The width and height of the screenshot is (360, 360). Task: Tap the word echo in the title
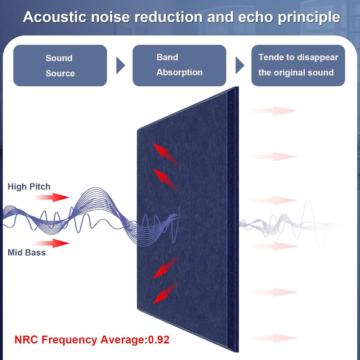(x=263, y=17)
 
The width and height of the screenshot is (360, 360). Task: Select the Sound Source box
(x=60, y=66)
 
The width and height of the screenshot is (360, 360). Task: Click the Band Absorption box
(x=179, y=66)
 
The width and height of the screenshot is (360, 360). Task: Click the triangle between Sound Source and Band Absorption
(x=121, y=66)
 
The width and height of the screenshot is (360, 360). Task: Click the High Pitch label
(x=29, y=186)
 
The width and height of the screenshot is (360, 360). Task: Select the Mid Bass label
(x=27, y=252)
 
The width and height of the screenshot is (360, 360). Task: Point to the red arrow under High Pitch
(x=52, y=197)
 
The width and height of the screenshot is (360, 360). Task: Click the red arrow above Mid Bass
(x=52, y=243)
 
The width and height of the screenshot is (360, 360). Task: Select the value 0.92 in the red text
(x=158, y=339)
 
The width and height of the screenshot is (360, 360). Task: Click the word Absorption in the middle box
(x=179, y=72)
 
